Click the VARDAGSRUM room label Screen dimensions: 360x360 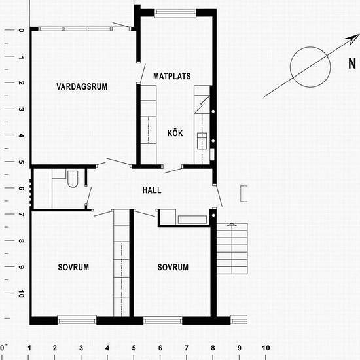click(x=82, y=86)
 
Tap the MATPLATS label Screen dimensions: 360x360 click(x=172, y=76)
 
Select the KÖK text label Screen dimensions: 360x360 click(x=175, y=133)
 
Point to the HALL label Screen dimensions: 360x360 click(x=152, y=190)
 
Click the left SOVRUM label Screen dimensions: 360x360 click(x=73, y=267)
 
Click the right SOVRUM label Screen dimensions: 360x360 click(x=173, y=267)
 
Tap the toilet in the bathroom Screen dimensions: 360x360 click(x=73, y=179)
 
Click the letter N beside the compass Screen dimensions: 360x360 click(x=352, y=63)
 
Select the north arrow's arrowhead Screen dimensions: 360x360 click(x=353, y=39)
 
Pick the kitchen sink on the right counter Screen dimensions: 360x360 click(x=202, y=141)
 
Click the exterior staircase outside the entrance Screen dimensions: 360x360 click(x=232, y=249)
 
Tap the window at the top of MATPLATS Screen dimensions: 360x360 click(x=175, y=13)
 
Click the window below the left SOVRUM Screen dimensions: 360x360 click(x=77, y=320)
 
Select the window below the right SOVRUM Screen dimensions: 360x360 click(x=163, y=320)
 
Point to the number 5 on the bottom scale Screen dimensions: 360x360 click(x=134, y=348)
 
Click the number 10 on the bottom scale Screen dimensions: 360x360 click(x=266, y=348)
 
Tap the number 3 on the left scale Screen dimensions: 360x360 click(x=21, y=109)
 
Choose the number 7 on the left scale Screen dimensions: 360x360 click(x=21, y=215)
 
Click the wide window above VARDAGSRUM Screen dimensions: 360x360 click(x=75, y=29)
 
